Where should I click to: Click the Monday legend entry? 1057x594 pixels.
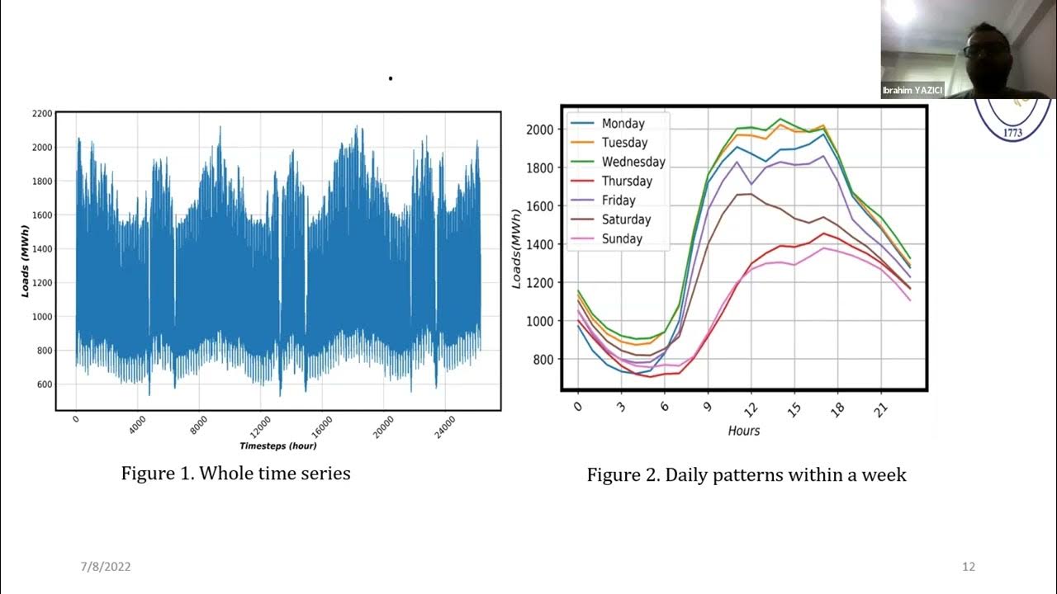(623, 124)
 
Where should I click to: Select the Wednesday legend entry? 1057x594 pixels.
(633, 162)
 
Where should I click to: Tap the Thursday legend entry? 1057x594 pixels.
(627, 181)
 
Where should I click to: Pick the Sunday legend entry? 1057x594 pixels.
(622, 239)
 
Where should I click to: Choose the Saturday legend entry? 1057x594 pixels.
(626, 219)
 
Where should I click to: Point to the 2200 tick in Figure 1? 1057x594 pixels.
(42, 113)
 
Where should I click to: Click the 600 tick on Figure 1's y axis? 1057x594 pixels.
(45, 384)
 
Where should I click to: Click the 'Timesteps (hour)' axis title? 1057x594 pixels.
(278, 446)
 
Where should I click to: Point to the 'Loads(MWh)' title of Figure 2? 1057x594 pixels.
(518, 248)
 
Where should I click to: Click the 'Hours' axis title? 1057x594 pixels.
(744, 431)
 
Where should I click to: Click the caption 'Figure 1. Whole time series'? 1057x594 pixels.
(235, 474)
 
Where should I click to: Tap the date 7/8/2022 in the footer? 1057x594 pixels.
(106, 567)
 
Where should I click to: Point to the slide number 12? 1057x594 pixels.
(969, 567)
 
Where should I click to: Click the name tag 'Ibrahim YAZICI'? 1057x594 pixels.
(912, 91)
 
